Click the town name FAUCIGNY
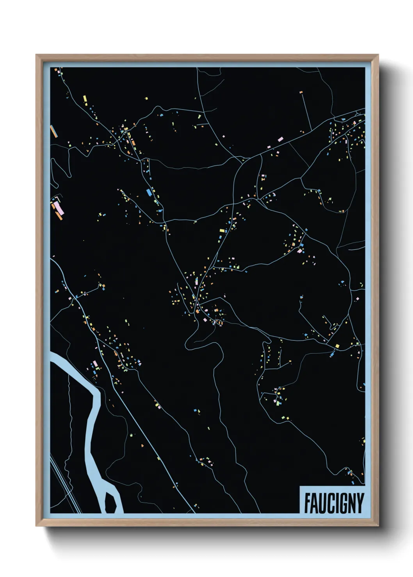tap(334, 503)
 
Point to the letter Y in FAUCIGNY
tap(360, 503)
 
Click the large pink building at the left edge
tap(57, 206)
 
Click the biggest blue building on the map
tap(148, 192)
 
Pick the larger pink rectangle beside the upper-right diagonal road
tap(280, 139)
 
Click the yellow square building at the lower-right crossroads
tap(337, 345)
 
